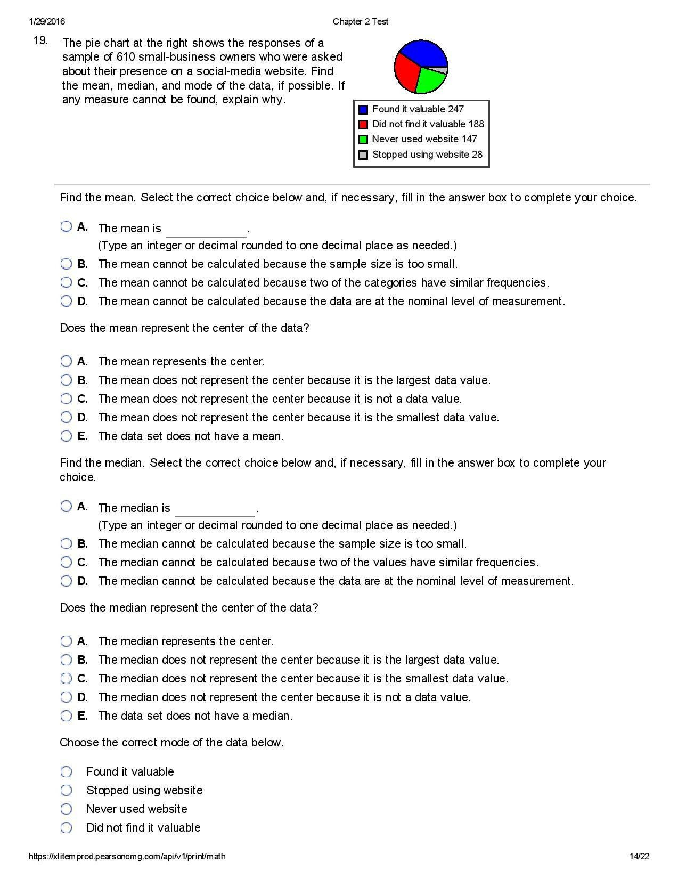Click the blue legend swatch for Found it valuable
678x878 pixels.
pos(363,110)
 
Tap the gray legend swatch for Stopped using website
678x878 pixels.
pos(363,155)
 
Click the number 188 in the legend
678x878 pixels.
pos(476,124)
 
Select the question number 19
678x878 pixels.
pos(40,40)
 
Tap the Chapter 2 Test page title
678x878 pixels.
pos(361,21)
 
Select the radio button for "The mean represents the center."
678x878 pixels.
pos(66,362)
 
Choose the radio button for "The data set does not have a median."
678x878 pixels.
pos(66,716)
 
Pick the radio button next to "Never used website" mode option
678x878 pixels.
pos(66,809)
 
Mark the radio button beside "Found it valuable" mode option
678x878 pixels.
pos(66,772)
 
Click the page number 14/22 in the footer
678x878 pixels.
pos(639,857)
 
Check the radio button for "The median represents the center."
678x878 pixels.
pos(66,641)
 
